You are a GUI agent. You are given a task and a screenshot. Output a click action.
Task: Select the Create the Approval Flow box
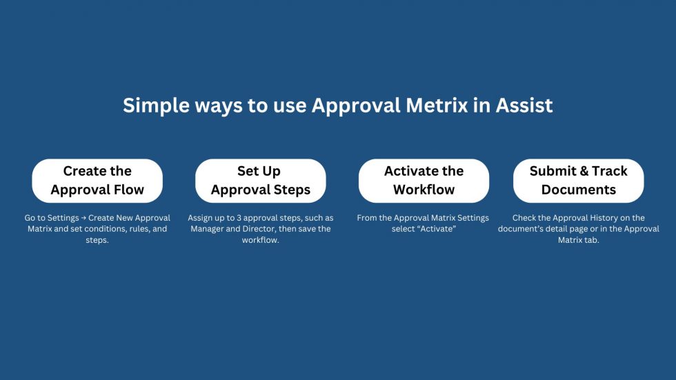(97, 181)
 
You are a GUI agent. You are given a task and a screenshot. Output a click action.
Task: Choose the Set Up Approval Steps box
(261, 181)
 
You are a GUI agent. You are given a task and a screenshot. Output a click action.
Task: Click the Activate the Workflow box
(424, 181)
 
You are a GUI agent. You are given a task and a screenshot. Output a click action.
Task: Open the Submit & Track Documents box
(578, 181)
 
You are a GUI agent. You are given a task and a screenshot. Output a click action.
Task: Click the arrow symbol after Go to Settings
(83, 219)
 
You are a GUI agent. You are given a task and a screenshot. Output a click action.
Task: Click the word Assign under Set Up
(201, 218)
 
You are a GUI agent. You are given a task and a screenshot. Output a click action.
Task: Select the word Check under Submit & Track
(525, 218)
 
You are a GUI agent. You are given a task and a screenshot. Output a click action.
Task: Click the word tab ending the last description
(592, 240)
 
